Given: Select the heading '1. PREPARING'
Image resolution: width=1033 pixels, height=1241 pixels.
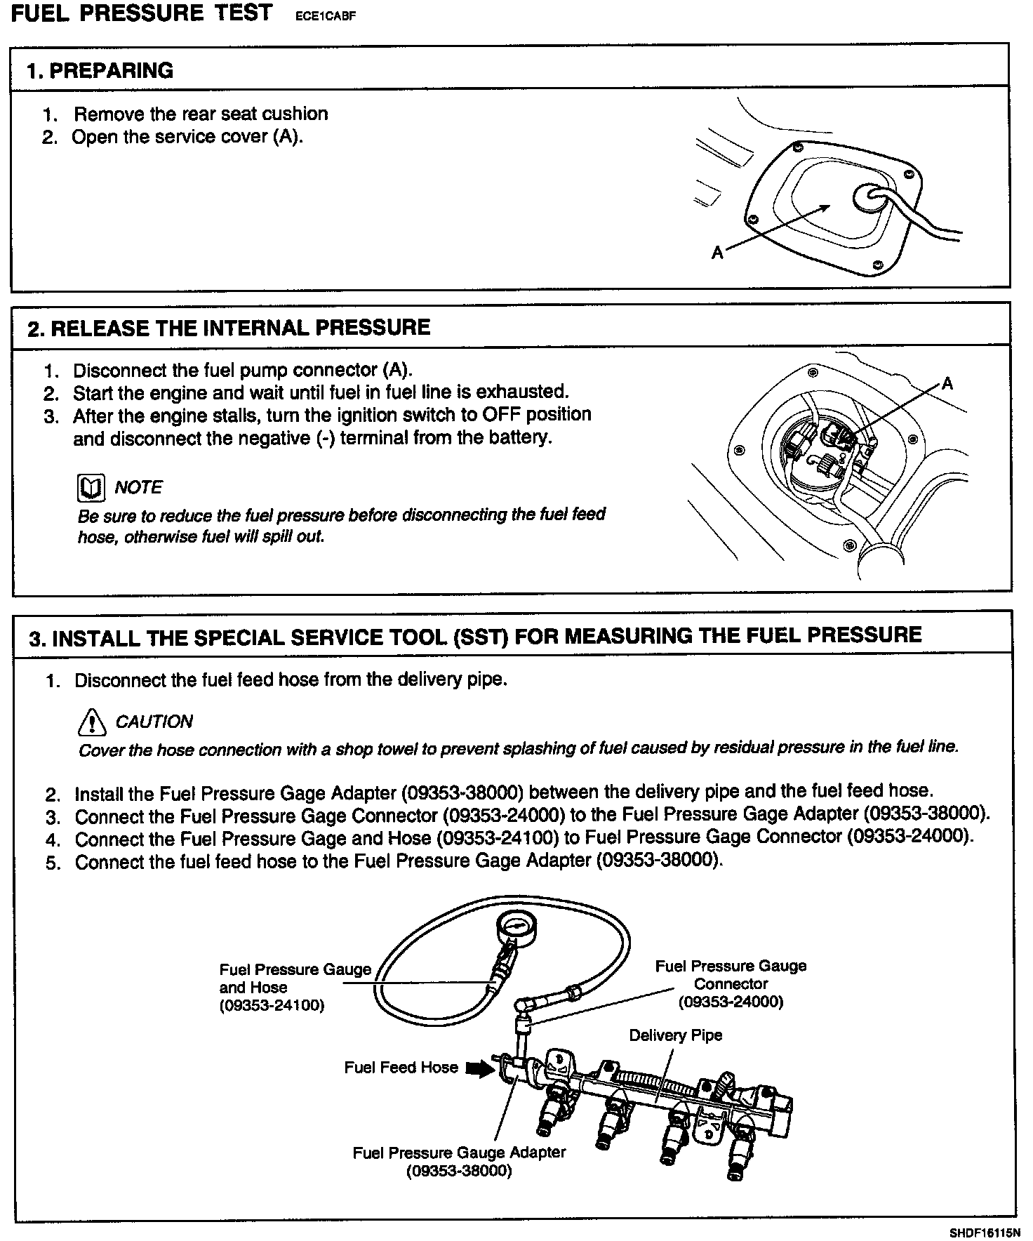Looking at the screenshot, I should tap(100, 71).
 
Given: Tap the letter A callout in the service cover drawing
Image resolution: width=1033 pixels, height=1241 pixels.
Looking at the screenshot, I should tap(717, 253).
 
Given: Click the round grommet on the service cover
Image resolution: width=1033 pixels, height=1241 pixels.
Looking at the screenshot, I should tap(869, 199).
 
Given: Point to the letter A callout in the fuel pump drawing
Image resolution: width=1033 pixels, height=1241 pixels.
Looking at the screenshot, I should tap(947, 383).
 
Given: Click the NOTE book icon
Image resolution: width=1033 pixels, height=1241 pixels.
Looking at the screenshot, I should tap(91, 488).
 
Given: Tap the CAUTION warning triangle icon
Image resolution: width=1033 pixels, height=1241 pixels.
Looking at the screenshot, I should tap(91, 721).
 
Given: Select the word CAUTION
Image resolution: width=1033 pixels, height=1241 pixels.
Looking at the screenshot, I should tap(154, 722).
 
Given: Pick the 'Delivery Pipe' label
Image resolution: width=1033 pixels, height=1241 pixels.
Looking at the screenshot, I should tap(675, 1035).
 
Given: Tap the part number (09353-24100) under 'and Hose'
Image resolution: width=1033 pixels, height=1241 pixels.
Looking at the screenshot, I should tap(272, 1005).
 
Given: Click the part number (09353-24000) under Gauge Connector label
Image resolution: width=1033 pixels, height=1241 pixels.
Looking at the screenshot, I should tap(731, 1002).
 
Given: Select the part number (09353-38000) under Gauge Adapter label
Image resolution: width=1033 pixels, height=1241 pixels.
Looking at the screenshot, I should tap(459, 1172).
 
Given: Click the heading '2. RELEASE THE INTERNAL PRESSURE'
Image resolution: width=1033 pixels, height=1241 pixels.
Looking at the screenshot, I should tap(229, 328).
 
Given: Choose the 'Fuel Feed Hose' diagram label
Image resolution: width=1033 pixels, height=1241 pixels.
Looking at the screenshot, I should tap(401, 1068).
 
